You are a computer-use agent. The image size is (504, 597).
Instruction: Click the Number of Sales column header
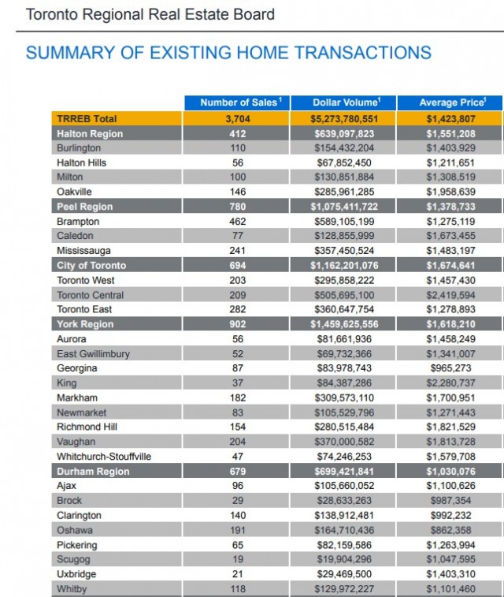coord(237,103)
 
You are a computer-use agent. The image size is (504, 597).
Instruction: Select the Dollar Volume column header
coord(343,103)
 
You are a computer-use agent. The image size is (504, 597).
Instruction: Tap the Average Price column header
coord(450,103)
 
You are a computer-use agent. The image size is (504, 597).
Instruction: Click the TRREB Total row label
coord(86,118)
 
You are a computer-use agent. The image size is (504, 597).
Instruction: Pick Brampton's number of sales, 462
coord(238,222)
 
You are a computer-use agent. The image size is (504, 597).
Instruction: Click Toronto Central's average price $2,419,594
coord(450,295)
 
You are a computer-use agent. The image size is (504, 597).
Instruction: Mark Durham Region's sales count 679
coord(238,472)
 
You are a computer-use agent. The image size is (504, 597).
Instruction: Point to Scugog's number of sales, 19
coord(238,560)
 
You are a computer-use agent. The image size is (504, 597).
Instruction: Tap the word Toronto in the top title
coord(53,14)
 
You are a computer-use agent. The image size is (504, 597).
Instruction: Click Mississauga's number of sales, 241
coord(238,251)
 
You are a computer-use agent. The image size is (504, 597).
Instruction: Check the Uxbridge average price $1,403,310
coord(450,574)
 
